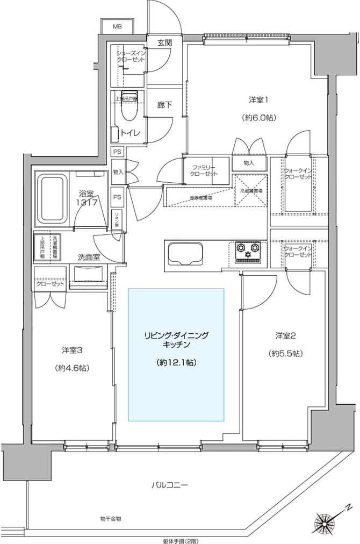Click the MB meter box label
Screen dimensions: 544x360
pyautogui.click(x=117, y=26)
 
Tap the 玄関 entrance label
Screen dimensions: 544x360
pyautogui.click(x=165, y=43)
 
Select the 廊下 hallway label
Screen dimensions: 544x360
pyautogui.click(x=165, y=105)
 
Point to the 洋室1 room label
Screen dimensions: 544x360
pyautogui.click(x=258, y=99)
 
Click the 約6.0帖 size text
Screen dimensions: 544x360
pyautogui.click(x=258, y=117)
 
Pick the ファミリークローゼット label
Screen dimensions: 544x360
pyautogui.click(x=203, y=171)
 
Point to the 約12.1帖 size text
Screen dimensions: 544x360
pyautogui.click(x=176, y=362)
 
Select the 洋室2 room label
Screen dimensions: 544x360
pyautogui.click(x=286, y=336)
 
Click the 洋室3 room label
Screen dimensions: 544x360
pyautogui.click(x=71, y=350)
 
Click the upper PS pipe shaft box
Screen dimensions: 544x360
pyautogui.click(x=117, y=152)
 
